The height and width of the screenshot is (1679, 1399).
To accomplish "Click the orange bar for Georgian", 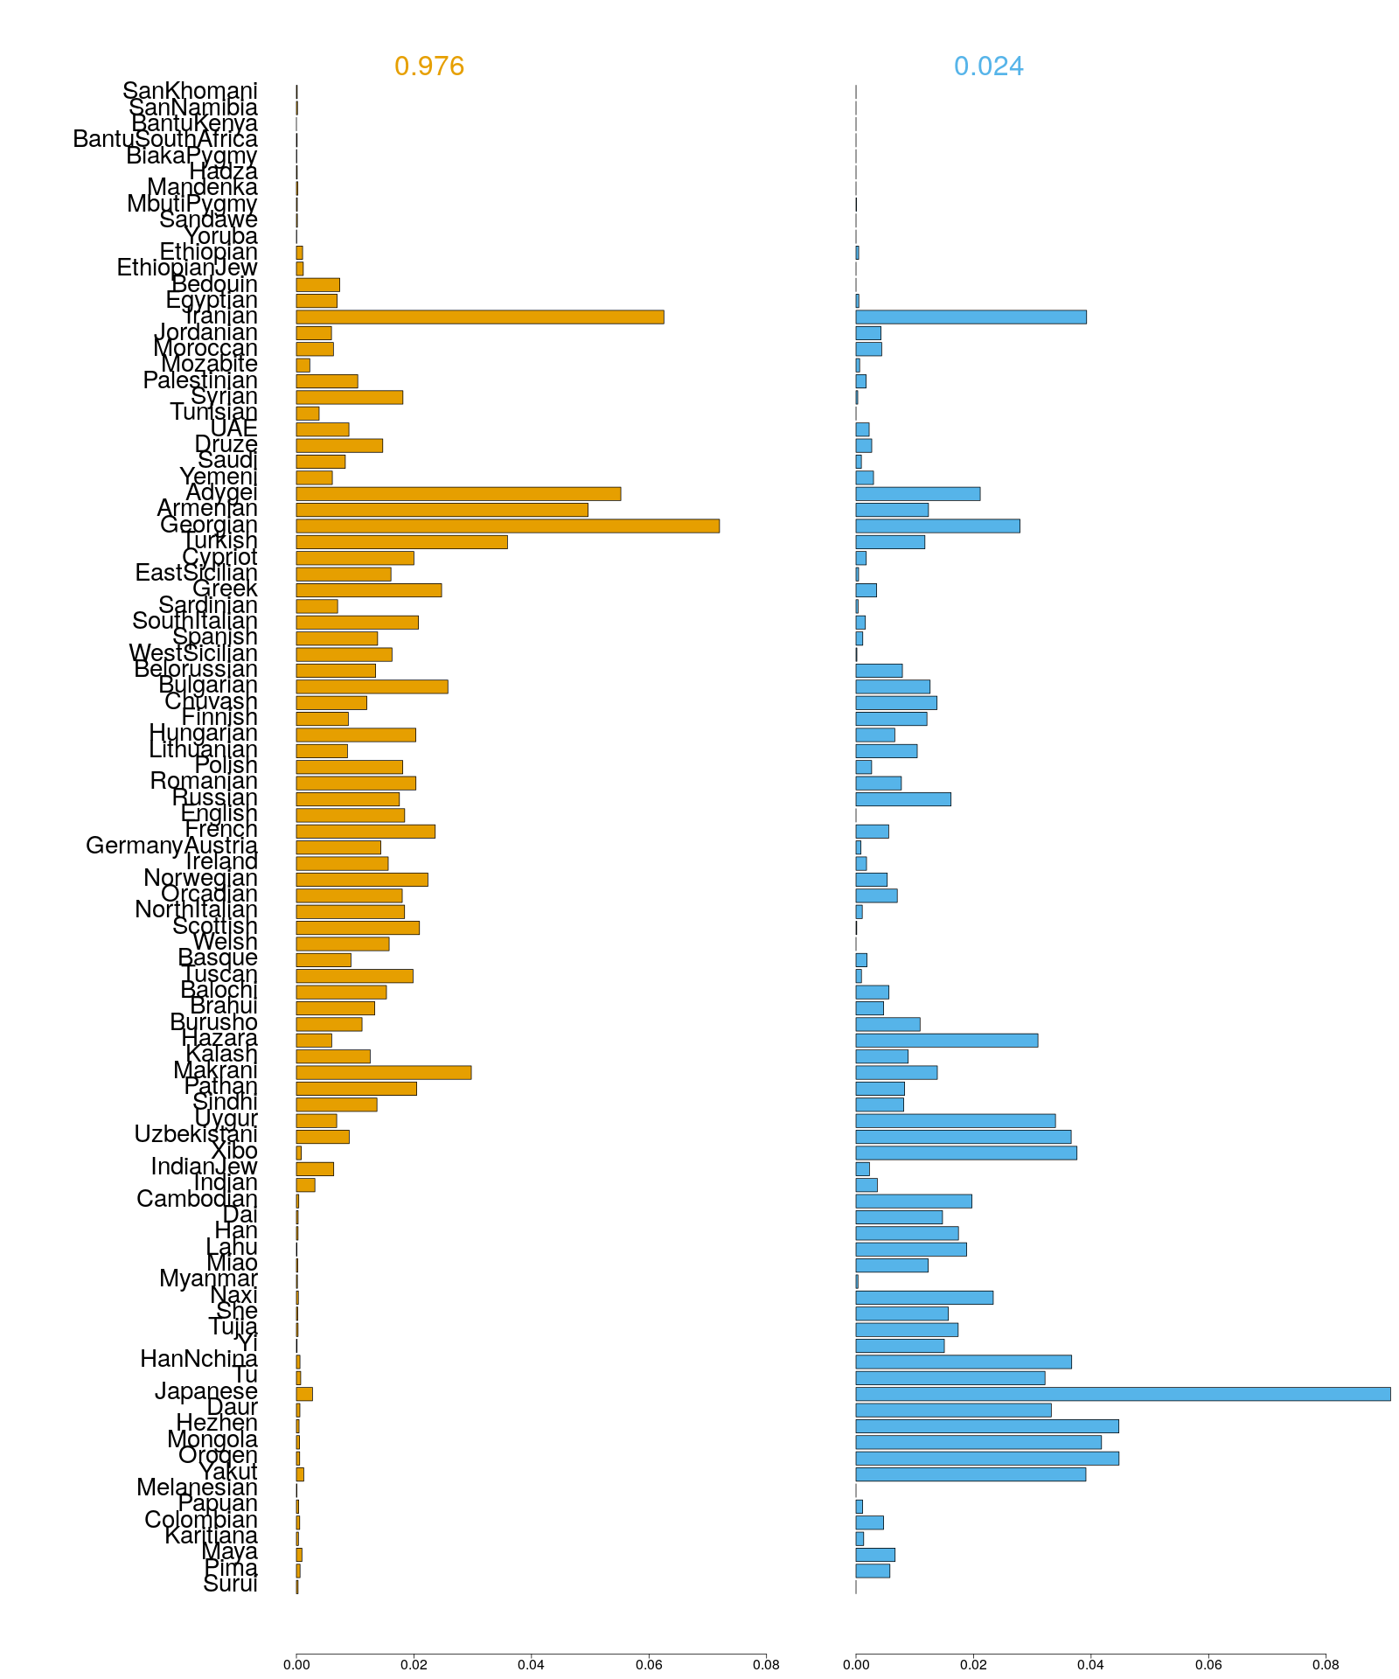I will click(507, 526).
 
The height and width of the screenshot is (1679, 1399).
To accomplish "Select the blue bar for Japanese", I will click(1123, 1394).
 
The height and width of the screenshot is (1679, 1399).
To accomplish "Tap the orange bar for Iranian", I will click(479, 317).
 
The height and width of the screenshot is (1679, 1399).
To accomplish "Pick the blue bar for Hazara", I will click(946, 1040).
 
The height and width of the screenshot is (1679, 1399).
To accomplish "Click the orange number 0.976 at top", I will click(429, 66).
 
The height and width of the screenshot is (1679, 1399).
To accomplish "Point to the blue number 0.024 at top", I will click(988, 66).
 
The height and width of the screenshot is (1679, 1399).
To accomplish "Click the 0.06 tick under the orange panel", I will click(649, 1665).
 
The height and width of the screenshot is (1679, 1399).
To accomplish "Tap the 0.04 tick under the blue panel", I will click(1090, 1665).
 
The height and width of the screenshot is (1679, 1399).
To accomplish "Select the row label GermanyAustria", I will click(171, 846).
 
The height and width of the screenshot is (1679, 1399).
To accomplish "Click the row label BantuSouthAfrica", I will click(165, 140).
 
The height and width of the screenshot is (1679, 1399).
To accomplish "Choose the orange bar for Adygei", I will click(458, 493).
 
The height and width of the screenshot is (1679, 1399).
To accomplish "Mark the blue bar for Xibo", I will click(965, 1153).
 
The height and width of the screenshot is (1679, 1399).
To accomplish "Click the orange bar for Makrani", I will click(383, 1072).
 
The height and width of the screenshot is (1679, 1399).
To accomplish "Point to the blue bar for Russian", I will click(902, 799).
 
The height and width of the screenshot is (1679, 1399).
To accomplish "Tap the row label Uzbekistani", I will click(196, 1135).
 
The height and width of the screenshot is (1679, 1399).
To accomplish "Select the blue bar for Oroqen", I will click(986, 1458).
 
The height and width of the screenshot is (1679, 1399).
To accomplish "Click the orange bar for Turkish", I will click(401, 541).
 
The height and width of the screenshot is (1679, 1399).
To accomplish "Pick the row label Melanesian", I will click(197, 1488).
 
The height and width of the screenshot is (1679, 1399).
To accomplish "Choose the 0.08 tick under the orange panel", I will click(766, 1665).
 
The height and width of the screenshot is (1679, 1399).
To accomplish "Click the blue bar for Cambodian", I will click(913, 1201).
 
